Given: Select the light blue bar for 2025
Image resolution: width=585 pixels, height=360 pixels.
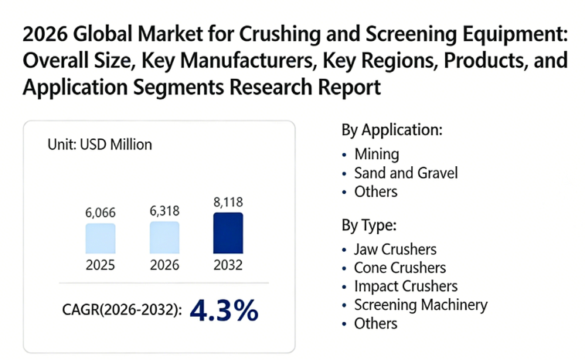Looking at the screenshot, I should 100,239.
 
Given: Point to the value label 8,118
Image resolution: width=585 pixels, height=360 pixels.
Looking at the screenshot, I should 227,202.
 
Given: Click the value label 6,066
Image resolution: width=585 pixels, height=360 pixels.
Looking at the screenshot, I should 100,212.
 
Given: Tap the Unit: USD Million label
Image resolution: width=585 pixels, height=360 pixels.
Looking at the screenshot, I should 100,144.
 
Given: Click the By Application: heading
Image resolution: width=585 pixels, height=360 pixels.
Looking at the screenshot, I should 392,130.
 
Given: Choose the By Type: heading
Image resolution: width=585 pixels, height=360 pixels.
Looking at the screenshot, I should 369,226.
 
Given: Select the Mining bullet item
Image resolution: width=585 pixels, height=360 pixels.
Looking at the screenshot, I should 376,154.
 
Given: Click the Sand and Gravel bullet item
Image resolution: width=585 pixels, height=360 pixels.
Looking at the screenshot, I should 406,172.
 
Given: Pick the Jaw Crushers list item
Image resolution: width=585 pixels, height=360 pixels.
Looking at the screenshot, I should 395,250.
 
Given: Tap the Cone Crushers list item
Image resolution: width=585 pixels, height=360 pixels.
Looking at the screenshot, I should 400,268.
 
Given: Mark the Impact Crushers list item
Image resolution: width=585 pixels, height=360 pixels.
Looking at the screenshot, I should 406,287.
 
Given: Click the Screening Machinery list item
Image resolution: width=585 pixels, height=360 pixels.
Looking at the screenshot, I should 420,305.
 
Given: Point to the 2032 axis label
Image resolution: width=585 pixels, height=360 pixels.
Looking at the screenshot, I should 227,265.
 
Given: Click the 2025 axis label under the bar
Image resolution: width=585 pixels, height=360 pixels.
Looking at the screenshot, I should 100,265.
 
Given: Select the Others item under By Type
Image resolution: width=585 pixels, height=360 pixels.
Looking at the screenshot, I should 376,324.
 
